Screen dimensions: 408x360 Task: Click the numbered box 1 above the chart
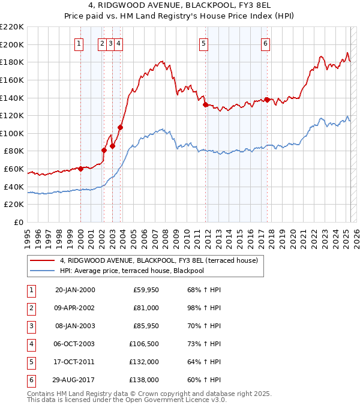coord(80,43)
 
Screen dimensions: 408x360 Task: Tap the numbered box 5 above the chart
coord(204,43)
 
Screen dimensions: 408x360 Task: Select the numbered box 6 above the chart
coord(265,43)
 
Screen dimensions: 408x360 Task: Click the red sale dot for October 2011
coord(205,105)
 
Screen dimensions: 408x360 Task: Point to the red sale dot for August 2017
coord(267,100)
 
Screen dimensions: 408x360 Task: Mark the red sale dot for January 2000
coord(80,169)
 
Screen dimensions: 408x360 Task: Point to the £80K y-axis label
coord(14,151)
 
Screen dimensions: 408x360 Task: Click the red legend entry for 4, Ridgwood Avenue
coord(158,260)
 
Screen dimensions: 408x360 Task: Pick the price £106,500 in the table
coord(144,344)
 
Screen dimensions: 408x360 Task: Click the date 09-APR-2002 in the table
coord(74,308)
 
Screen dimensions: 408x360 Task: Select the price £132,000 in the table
coord(144,362)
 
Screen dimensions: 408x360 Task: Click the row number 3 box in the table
coord(31,326)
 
